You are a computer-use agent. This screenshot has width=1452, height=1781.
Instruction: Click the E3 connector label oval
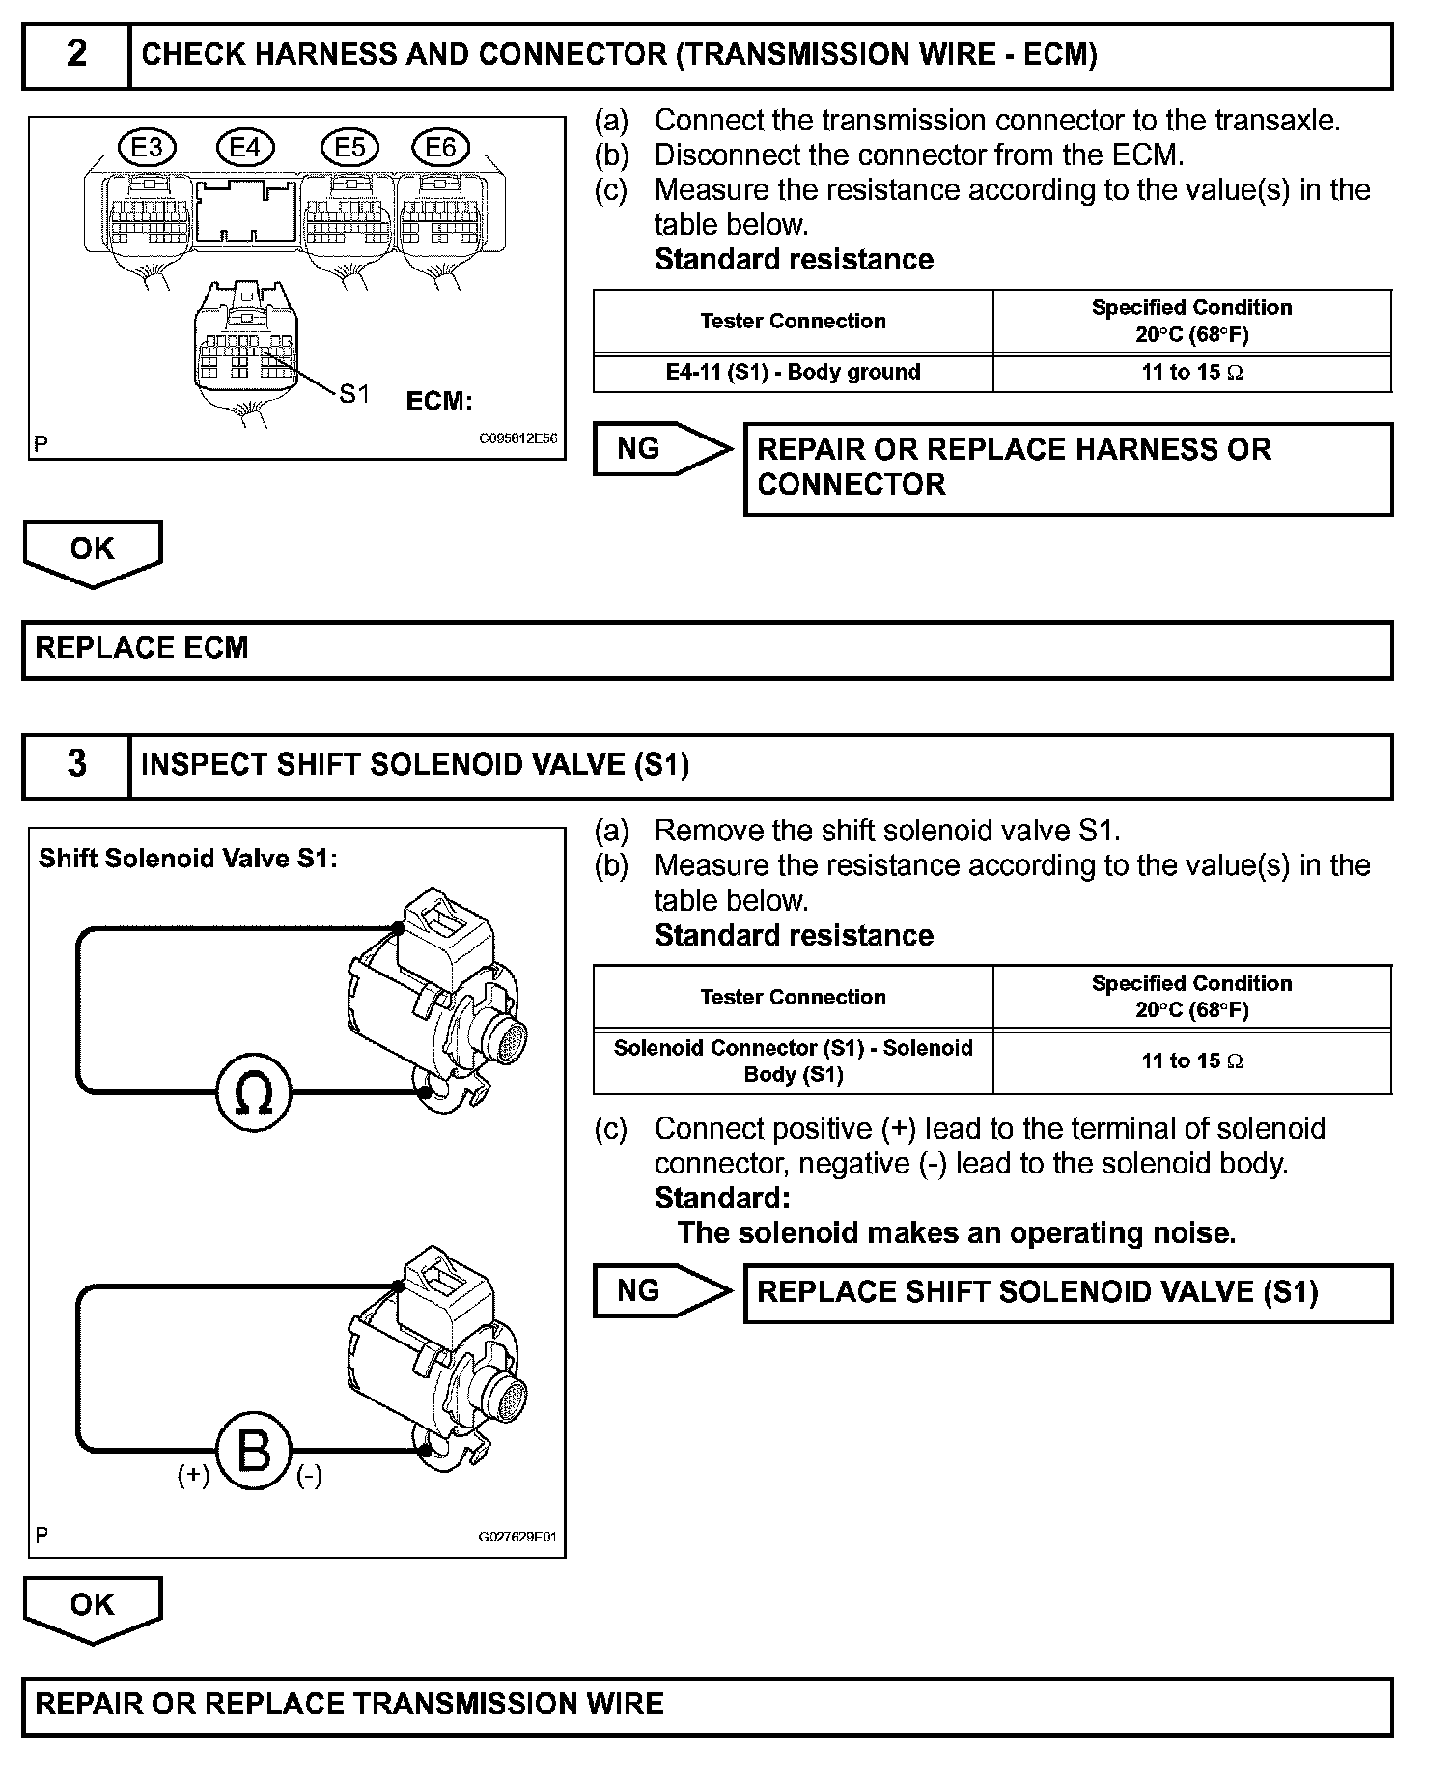tap(148, 148)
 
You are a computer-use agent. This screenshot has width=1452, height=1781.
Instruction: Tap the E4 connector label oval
tap(245, 148)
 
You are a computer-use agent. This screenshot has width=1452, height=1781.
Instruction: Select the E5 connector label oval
tap(350, 148)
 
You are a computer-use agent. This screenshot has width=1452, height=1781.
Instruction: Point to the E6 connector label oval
tap(440, 148)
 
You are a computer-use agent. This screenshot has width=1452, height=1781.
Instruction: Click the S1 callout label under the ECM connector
tap(354, 393)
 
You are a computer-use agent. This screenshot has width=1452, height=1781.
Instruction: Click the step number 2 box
tap(76, 55)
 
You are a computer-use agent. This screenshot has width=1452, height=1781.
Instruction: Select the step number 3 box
tap(76, 765)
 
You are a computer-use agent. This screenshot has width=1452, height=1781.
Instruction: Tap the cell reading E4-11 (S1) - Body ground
tap(793, 373)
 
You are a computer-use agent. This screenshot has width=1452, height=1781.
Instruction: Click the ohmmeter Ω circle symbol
tap(253, 1092)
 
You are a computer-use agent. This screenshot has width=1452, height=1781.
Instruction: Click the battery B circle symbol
tap(253, 1450)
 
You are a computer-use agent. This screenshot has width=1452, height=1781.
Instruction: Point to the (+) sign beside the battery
tap(193, 1475)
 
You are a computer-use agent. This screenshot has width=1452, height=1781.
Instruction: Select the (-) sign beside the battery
tap(309, 1475)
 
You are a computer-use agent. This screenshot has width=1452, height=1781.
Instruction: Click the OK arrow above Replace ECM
tap(93, 551)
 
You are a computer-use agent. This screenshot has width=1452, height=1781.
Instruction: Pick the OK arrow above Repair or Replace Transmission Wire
tap(93, 1606)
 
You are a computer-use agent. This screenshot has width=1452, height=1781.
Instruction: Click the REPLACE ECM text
tap(142, 648)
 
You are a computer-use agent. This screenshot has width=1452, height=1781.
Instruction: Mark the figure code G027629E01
tap(517, 1538)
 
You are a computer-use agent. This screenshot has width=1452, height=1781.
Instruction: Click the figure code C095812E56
tap(518, 438)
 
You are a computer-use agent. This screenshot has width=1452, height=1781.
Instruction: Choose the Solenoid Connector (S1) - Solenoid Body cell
tap(793, 1061)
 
